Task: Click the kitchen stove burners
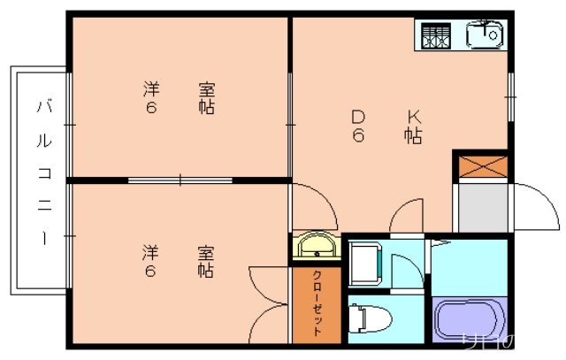pyautogui.click(x=434, y=35)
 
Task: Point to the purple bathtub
pyautogui.click(x=470, y=319)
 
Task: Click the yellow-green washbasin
pyautogui.click(x=316, y=245)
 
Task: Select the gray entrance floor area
pyautogui.click(x=481, y=209)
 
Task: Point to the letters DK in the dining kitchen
pyautogui.click(x=386, y=116)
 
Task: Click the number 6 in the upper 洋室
pyautogui.click(x=151, y=108)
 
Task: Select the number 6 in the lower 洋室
pyautogui.click(x=150, y=271)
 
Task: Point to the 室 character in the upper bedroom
pyautogui.click(x=207, y=89)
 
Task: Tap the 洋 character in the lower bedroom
pyautogui.click(x=151, y=252)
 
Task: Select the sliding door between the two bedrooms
pyautogui.click(x=180, y=180)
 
